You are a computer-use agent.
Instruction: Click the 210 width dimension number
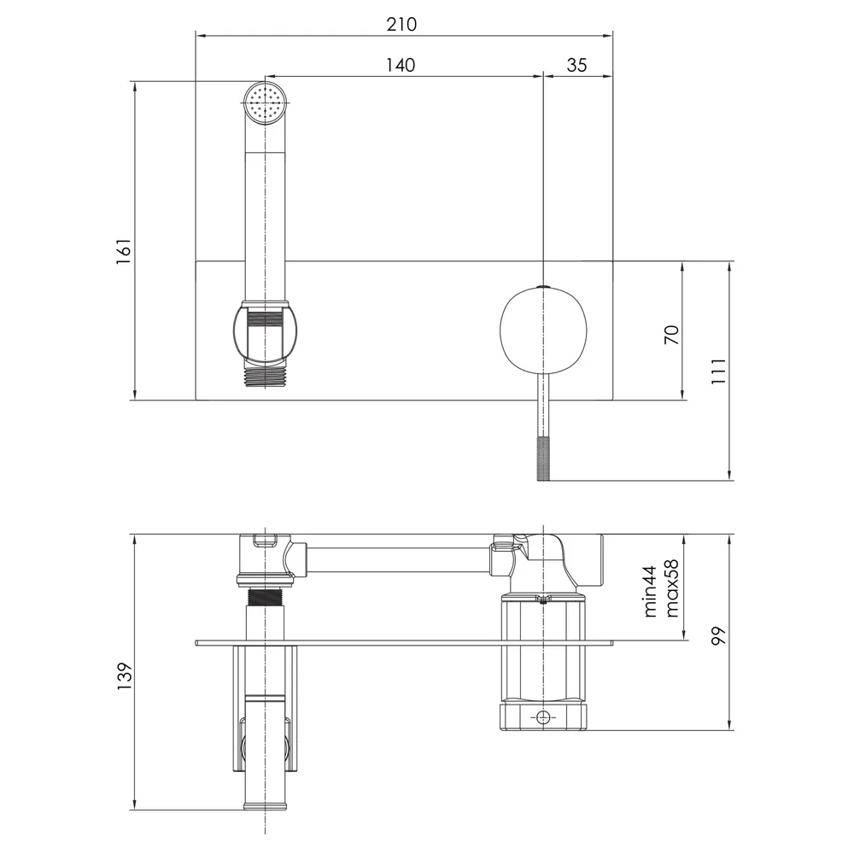click(x=401, y=24)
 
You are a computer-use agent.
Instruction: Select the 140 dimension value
click(x=401, y=66)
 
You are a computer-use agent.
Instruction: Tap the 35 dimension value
click(x=576, y=66)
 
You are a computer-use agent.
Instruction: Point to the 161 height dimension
click(x=124, y=251)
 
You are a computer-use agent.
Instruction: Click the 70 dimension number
click(x=672, y=335)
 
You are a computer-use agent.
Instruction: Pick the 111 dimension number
click(x=719, y=371)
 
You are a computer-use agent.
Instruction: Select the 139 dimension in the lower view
click(x=125, y=676)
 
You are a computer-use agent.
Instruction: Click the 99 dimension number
click(x=719, y=635)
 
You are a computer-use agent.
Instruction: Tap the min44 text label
click(x=650, y=591)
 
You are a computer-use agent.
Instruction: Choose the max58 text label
click(x=672, y=588)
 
